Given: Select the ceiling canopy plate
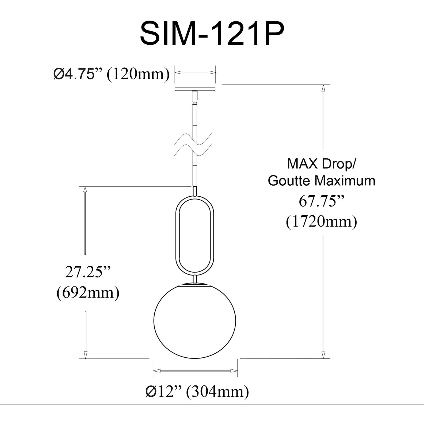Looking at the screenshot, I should pyautogui.click(x=195, y=89).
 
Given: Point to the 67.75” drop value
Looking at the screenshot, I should pyautogui.click(x=321, y=201).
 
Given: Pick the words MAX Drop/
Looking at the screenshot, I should pyautogui.click(x=321, y=164).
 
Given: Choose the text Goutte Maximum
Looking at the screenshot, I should pyautogui.click(x=321, y=181).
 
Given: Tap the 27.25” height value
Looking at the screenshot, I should pyautogui.click(x=88, y=272).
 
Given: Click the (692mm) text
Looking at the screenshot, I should pyautogui.click(x=88, y=293).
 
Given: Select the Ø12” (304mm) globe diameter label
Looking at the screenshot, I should pyautogui.click(x=197, y=392).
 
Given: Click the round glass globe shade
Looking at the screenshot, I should pyautogui.click(x=195, y=321).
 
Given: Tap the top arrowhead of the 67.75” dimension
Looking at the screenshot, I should pyautogui.click(x=323, y=88).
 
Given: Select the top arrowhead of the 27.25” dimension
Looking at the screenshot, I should pyautogui.click(x=85, y=190).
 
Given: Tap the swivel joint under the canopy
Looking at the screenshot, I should pyautogui.click(x=195, y=97).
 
